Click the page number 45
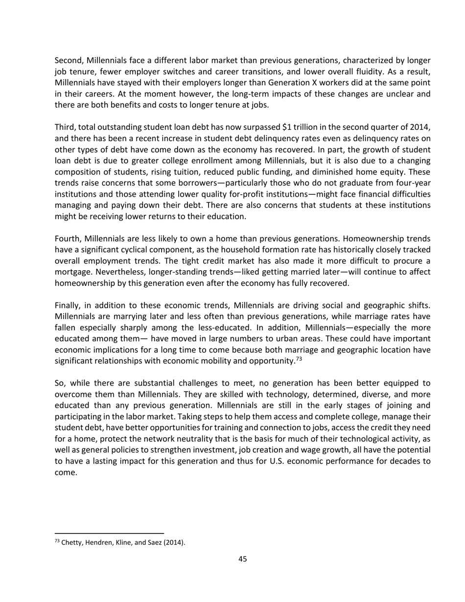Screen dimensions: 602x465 pyautogui.click(x=242, y=559)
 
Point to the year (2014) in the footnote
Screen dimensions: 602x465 pyautogui.click(x=176, y=542)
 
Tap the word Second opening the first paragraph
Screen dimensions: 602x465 pyautogui.click(x=68, y=61)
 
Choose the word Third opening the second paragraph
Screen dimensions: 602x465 pyautogui.click(x=65, y=128)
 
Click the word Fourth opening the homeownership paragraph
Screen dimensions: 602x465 pyautogui.click(x=68, y=239)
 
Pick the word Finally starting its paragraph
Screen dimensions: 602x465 pyautogui.click(x=67, y=306)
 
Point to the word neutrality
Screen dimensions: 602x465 pyautogui.click(x=222, y=439)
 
